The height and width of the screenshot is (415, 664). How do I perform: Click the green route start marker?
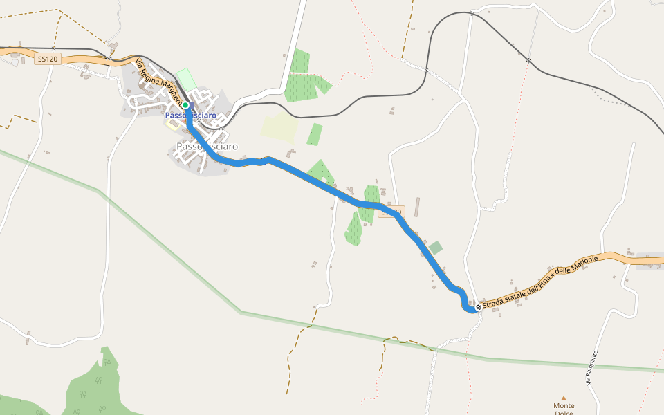click(185, 105)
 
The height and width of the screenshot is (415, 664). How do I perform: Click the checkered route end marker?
click(478, 306)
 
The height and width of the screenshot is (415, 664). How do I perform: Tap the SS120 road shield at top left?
click(48, 59)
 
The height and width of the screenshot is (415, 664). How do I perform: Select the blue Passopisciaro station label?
click(190, 116)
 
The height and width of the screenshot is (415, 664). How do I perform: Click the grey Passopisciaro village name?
click(207, 147)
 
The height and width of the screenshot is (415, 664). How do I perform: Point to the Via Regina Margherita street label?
click(157, 82)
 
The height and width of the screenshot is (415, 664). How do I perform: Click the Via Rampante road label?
click(591, 367)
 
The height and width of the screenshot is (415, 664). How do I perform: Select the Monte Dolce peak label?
click(564, 409)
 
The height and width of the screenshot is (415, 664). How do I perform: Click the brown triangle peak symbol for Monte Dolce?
click(564, 398)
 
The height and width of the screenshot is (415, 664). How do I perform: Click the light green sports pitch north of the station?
click(185, 78)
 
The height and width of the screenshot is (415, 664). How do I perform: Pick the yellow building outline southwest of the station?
click(172, 125)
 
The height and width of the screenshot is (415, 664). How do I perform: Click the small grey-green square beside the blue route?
click(435, 247)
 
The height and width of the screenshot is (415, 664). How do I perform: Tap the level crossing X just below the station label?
click(199, 120)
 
